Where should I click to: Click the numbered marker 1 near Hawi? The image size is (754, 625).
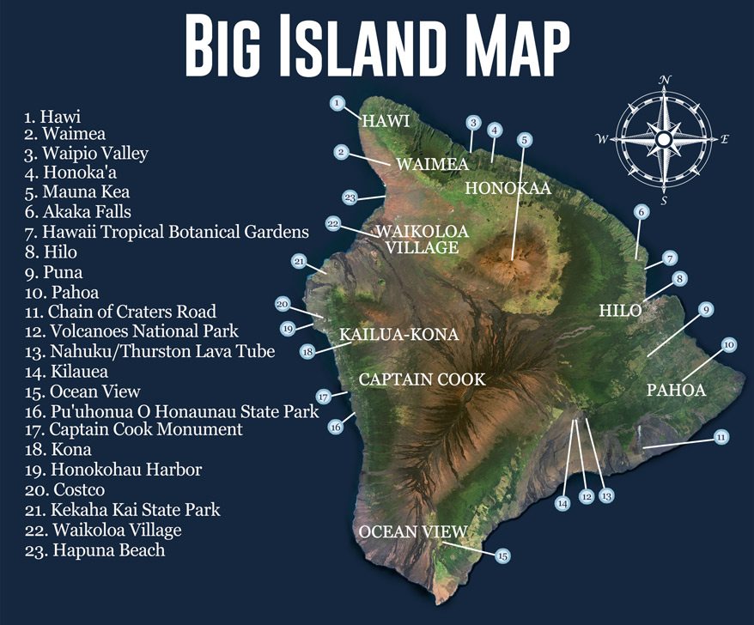tap(337, 103)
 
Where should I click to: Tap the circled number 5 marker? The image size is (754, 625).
tap(523, 138)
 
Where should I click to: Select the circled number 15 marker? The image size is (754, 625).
tap(502, 555)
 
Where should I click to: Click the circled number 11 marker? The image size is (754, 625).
tap(721, 437)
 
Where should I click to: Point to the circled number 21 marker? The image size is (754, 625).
tap(299, 261)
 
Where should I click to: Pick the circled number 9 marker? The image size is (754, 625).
tap(704, 309)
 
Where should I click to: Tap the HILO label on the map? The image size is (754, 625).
tap(620, 311)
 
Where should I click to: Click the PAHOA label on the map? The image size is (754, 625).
tap(676, 390)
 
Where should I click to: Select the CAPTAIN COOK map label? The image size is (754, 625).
tap(422, 379)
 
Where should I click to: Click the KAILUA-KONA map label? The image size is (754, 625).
tap(398, 334)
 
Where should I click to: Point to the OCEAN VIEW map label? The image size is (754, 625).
tap(412, 531)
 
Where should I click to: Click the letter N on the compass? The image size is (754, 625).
tap(665, 80)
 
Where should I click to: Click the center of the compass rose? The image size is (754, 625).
tap(664, 139)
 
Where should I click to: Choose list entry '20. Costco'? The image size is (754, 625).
tap(64, 490)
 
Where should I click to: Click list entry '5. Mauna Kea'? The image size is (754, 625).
tap(77, 192)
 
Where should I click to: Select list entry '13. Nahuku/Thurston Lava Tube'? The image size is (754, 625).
tap(149, 351)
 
